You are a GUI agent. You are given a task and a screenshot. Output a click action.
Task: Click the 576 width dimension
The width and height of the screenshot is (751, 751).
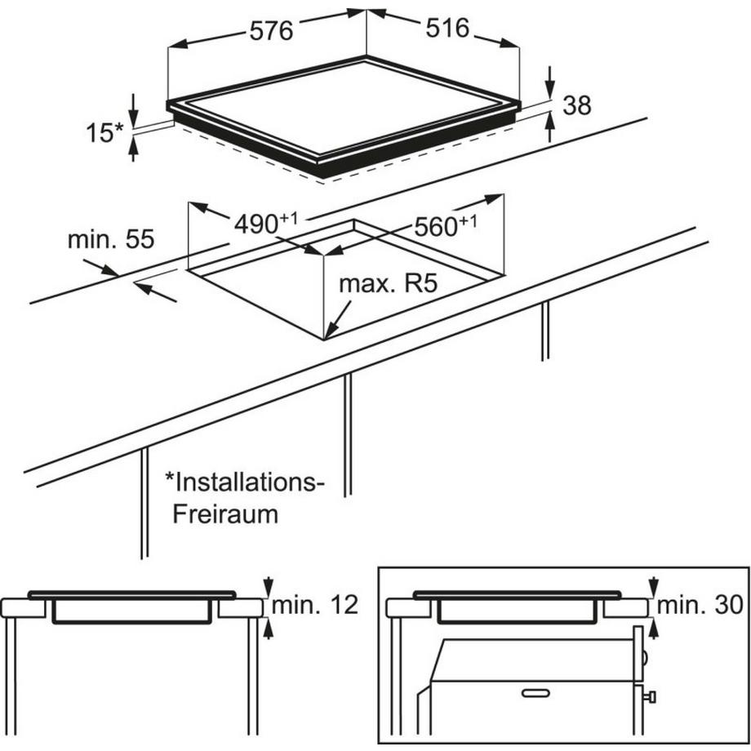point(270,32)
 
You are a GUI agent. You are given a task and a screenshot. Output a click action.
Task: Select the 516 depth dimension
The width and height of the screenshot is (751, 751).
point(447,29)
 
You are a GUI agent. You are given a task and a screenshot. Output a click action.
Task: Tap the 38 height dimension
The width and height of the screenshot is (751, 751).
point(575,104)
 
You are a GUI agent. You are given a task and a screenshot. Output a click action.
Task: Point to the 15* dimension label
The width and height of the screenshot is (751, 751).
point(103,133)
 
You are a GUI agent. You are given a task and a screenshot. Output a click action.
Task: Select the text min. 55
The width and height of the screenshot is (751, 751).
point(110,240)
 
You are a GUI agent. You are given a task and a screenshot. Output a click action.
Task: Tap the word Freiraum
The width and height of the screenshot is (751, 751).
point(224,514)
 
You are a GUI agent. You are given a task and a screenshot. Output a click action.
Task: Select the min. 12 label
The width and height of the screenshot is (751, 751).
point(315,605)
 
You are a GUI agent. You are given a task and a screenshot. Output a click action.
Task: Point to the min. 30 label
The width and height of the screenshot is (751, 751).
point(700,605)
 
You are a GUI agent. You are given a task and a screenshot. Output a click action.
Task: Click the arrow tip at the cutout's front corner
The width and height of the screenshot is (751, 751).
point(327,336)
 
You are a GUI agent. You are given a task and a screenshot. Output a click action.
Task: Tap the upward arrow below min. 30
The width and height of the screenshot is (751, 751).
point(654,627)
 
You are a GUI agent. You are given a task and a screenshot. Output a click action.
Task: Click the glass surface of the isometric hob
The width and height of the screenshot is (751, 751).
point(343,106)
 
